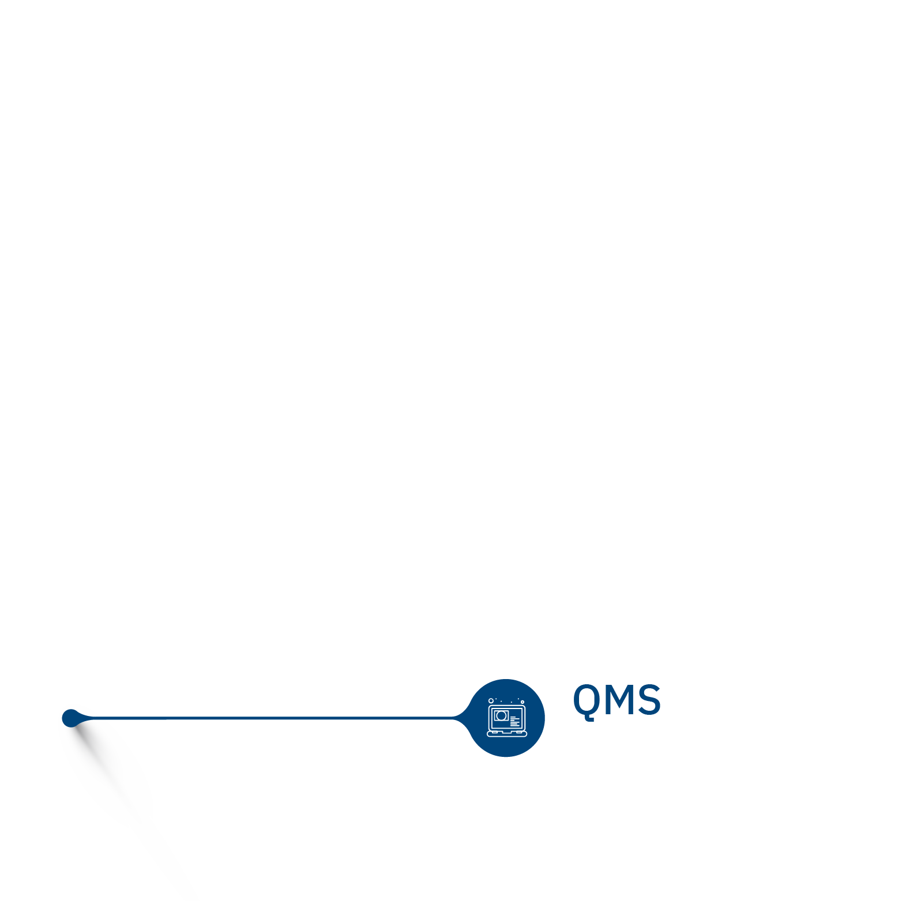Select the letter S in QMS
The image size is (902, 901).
(649, 700)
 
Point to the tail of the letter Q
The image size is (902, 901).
(589, 718)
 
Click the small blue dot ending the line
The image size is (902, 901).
(70, 718)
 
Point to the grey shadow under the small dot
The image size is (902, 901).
(107, 772)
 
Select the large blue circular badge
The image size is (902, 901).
(506, 718)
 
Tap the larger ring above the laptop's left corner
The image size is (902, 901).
(491, 701)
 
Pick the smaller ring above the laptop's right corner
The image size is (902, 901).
(523, 702)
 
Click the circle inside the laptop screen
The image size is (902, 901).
(501, 716)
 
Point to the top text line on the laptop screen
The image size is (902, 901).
(513, 717)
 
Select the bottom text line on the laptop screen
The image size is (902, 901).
(515, 726)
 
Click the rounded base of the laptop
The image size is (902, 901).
(507, 734)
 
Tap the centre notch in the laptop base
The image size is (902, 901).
(507, 733)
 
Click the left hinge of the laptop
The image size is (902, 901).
(494, 732)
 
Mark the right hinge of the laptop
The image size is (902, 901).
(519, 732)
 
